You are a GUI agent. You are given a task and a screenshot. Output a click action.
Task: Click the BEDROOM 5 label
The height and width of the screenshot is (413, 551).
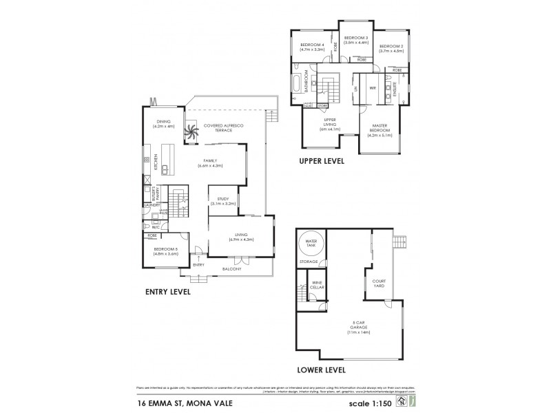[x=165, y=251]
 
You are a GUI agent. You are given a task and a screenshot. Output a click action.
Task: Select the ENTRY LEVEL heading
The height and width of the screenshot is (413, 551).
[x=167, y=291]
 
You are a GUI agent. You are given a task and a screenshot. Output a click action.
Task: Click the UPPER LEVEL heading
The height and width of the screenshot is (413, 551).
[x=321, y=162]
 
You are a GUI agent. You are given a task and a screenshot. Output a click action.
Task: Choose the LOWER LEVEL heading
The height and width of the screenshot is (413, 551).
[x=321, y=370]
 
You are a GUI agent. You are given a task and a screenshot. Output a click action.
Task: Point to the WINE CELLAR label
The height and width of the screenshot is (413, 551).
[x=318, y=284]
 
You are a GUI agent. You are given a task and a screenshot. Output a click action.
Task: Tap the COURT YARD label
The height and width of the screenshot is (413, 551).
[x=379, y=282]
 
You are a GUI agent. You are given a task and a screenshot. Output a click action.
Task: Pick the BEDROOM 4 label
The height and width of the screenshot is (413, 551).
[x=312, y=47]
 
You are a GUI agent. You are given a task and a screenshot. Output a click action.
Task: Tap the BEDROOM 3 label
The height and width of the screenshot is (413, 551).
[x=356, y=39]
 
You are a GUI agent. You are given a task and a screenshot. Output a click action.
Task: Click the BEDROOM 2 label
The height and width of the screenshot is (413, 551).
[x=391, y=47]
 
